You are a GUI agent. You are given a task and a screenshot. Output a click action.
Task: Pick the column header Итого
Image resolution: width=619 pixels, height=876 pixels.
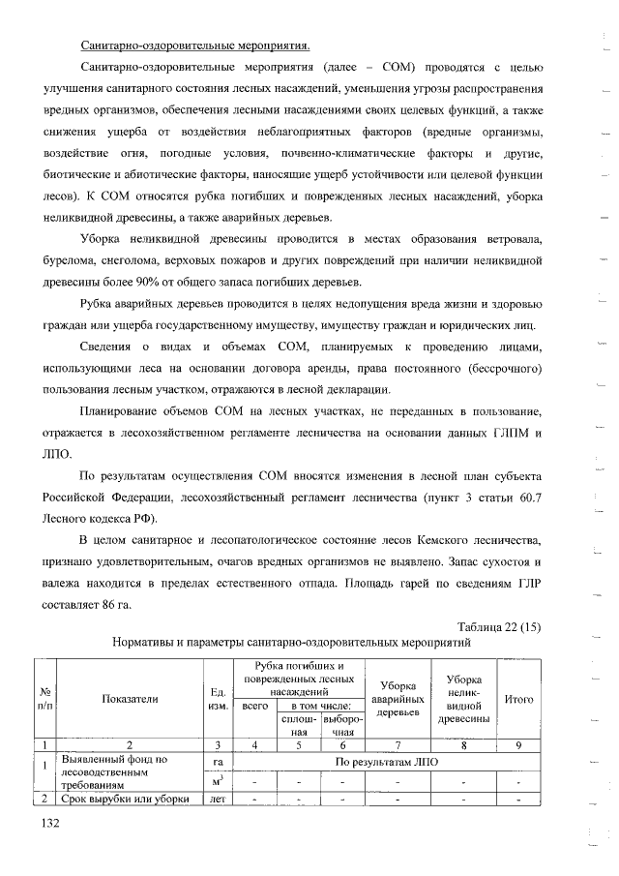[519, 698]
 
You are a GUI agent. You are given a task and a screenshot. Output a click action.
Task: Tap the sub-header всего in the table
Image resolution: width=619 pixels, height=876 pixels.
[254, 708]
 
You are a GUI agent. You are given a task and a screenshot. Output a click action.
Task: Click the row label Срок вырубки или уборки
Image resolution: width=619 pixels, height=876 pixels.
[129, 799]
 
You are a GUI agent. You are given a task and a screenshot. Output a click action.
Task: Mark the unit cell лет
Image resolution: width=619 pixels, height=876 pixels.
[218, 799]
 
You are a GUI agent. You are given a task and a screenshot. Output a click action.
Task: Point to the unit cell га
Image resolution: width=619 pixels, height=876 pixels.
[218, 762]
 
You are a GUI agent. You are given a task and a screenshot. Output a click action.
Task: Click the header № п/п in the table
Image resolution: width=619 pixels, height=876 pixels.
[45, 698]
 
